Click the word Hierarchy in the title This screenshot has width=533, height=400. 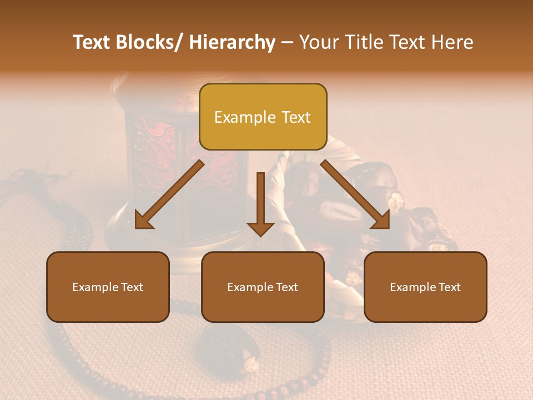pyautogui.click(x=232, y=43)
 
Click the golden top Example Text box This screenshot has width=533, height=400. pyautogui.click(x=263, y=117)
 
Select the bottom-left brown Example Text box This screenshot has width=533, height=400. pyautogui.click(x=108, y=287)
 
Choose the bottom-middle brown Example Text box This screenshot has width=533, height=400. pyautogui.click(x=263, y=287)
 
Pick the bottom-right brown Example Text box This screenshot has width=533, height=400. pyautogui.click(x=425, y=287)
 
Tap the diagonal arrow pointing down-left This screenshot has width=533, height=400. pyautogui.click(x=169, y=194)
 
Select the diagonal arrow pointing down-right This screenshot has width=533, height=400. pyautogui.click(x=355, y=194)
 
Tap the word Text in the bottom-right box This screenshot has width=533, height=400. pyautogui.click(x=449, y=287)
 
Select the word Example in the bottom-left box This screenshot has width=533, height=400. pyautogui.click(x=95, y=287)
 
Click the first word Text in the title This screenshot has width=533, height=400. pyautogui.click(x=93, y=43)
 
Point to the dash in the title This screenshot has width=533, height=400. pyautogui.click(x=287, y=43)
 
